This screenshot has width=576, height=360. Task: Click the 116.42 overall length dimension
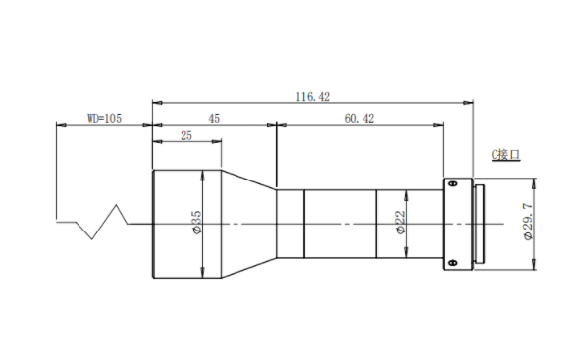pos(313,97)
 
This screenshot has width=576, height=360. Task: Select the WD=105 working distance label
pos(104,119)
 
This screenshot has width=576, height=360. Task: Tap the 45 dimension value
pos(214,119)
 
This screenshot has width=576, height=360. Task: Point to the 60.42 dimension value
pos(359,119)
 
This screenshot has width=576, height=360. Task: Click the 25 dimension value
pos(186,136)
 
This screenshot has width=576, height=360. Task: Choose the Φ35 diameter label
pos(196,222)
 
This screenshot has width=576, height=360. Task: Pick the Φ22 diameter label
pos(400,222)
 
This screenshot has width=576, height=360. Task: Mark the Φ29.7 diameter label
pos(528,223)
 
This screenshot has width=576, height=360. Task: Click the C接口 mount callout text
pos(505,155)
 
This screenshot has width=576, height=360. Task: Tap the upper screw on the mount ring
pos(453,183)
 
